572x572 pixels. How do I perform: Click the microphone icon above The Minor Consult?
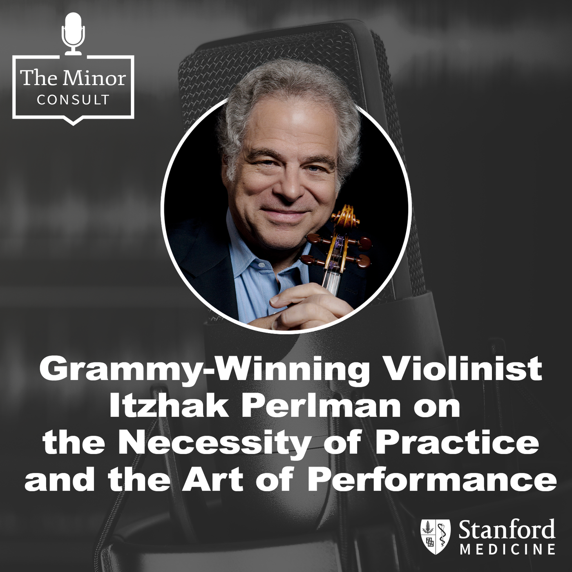coord(73,34)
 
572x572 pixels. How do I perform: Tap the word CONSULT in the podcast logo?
coord(73,100)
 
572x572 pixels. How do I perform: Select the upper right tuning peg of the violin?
coord(364,243)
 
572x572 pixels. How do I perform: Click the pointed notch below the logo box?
coord(73,121)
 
